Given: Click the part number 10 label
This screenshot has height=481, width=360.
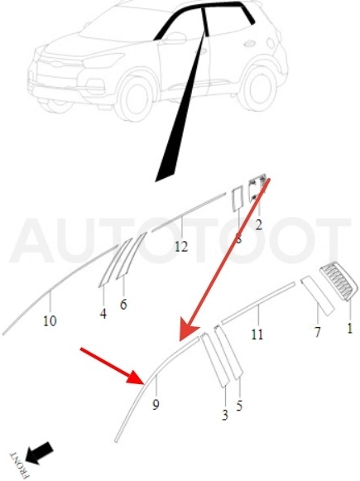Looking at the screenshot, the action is [50, 321].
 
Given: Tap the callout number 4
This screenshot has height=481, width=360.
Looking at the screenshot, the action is [103, 314].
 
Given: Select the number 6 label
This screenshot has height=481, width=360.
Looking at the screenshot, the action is [123, 305].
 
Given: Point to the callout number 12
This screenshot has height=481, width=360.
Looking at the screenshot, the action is [181, 247].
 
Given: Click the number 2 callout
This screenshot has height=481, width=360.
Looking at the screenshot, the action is [259, 225].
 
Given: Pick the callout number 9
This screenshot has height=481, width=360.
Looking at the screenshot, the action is [156, 405].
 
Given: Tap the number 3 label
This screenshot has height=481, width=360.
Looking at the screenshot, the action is [225, 415].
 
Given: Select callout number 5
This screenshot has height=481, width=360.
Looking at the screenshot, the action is [239, 406].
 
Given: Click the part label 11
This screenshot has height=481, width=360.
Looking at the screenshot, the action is [257, 334].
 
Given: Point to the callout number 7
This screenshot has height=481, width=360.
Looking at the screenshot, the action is [317, 332].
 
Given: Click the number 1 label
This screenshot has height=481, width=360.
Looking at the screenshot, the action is [349, 328].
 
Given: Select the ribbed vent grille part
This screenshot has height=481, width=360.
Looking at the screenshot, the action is [338, 281].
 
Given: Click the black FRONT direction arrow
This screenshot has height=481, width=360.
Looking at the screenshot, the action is [39, 453].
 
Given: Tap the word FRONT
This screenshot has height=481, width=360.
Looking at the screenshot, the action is [19, 465].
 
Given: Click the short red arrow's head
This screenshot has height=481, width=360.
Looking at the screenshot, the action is [136, 377].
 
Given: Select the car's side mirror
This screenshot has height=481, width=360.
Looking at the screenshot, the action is [175, 38].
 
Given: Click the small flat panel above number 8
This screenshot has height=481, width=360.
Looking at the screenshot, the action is [238, 199].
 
